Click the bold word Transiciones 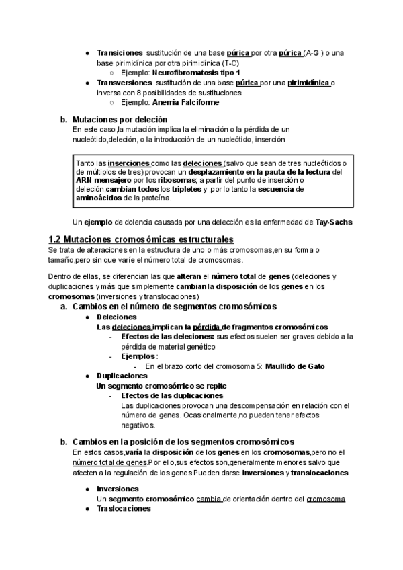(x=120, y=52)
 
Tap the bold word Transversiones (x=124, y=82)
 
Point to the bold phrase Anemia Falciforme (x=186, y=102)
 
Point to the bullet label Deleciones (x=116, y=317)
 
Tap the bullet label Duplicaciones (x=122, y=376)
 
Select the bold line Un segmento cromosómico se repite (x=161, y=386)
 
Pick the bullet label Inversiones (x=118, y=489)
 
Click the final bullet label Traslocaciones (x=124, y=509)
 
